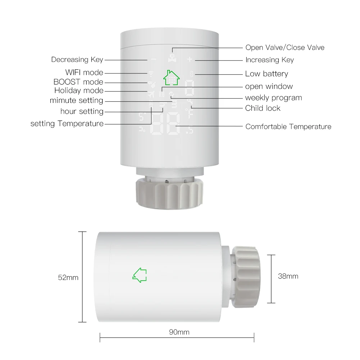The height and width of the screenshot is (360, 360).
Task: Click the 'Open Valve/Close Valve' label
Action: [x=284, y=47]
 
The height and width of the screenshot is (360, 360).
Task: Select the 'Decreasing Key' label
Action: [x=77, y=60]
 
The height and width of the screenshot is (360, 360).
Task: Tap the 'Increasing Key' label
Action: [x=269, y=60]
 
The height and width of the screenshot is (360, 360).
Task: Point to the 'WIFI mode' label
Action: [x=84, y=73]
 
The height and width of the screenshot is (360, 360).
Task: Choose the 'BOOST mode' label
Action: [x=78, y=82]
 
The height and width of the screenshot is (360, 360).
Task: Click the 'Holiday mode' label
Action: [x=79, y=91]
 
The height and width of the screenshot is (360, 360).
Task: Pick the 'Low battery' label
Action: [x=266, y=74]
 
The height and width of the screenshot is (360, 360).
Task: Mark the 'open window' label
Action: [x=269, y=86]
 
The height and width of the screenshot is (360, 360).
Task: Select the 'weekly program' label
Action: [x=273, y=98]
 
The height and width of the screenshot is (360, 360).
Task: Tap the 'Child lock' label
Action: [x=263, y=108]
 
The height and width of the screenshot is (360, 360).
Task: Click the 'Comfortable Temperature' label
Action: [x=288, y=127]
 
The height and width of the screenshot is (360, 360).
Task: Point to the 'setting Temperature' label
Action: [x=67, y=124]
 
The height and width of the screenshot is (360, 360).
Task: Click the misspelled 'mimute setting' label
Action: [x=76, y=101]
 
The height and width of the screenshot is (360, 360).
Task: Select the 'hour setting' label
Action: [x=82, y=111]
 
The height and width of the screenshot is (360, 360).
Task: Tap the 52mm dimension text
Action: [x=68, y=278]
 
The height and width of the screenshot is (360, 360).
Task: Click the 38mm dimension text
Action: [x=288, y=276]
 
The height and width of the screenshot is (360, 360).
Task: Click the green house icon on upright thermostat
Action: [x=171, y=77]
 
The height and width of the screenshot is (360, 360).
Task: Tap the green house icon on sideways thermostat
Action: [x=140, y=275]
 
